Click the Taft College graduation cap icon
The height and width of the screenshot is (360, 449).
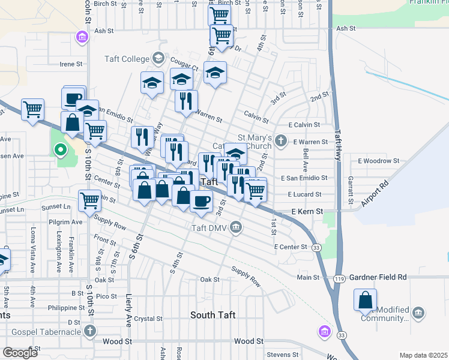[158, 58]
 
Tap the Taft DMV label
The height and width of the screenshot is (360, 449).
[207, 227]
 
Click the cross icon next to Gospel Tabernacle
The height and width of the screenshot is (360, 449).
[90, 331]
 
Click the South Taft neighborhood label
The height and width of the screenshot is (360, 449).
[213, 315]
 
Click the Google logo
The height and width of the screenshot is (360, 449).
[20, 353]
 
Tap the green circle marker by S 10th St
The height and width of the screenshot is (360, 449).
[59, 150]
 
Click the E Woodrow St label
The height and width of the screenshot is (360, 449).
[378, 161]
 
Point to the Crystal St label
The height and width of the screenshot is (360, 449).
[149, 319]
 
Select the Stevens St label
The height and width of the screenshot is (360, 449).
[282, 355]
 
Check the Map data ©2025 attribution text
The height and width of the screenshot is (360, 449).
[423, 355]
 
